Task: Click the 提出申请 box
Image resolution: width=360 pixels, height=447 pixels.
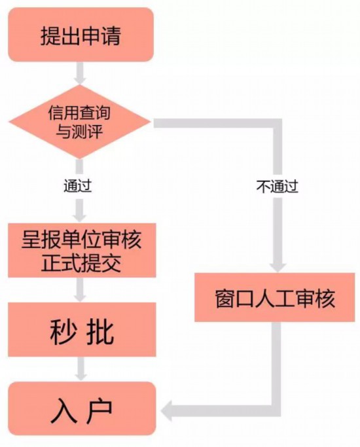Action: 81,35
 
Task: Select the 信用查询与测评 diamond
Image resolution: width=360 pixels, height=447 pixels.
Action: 79,122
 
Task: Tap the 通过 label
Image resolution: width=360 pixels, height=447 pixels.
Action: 77,186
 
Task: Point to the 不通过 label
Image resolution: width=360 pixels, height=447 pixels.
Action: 277,187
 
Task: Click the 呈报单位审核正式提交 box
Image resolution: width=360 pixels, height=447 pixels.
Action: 82,250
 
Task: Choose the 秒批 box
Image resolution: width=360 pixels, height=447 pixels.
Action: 82,330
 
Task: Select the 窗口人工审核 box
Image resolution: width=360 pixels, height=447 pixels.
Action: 275,297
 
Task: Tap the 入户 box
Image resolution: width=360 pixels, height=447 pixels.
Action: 82,408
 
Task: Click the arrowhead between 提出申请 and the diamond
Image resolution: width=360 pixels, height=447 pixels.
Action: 80,80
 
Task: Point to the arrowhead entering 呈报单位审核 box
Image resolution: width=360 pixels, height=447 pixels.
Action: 80,218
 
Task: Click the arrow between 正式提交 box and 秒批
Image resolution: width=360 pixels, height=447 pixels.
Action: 80,290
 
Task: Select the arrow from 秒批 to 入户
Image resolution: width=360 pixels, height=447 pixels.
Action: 81,369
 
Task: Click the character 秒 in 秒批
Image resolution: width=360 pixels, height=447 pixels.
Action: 63,331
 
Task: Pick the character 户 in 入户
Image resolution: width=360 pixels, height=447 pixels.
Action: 99,410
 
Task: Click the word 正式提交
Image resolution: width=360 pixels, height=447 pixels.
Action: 81,262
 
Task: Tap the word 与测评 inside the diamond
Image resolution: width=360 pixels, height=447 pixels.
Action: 79,132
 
